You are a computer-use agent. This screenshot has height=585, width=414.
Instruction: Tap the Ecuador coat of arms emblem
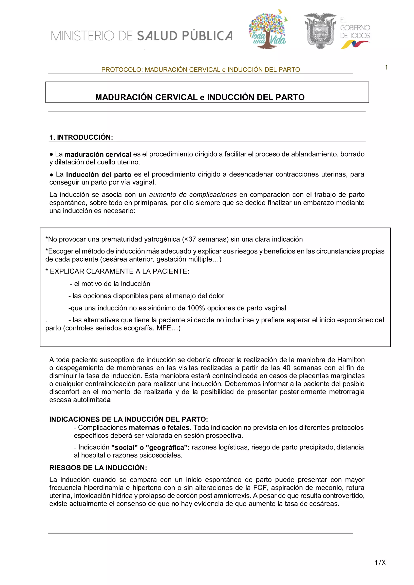click(x=320, y=31)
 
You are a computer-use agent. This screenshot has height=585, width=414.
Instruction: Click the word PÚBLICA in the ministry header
click(x=207, y=36)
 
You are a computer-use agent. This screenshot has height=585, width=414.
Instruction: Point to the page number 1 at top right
click(x=387, y=67)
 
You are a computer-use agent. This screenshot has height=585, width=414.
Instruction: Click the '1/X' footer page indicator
click(x=380, y=562)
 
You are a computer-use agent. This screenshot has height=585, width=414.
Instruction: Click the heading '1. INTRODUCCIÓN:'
click(x=81, y=137)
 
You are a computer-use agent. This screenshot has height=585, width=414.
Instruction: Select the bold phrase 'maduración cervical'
click(x=98, y=154)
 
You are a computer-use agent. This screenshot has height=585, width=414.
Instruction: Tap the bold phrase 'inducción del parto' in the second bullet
click(x=99, y=175)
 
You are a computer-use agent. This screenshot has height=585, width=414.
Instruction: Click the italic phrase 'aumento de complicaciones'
click(x=193, y=195)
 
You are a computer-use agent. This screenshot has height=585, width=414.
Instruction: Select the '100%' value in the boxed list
click(x=196, y=308)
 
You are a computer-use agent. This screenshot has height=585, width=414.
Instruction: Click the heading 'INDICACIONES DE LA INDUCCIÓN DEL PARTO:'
click(x=129, y=419)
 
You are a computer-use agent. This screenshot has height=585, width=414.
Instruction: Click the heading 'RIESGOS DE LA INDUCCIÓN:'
click(x=98, y=468)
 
